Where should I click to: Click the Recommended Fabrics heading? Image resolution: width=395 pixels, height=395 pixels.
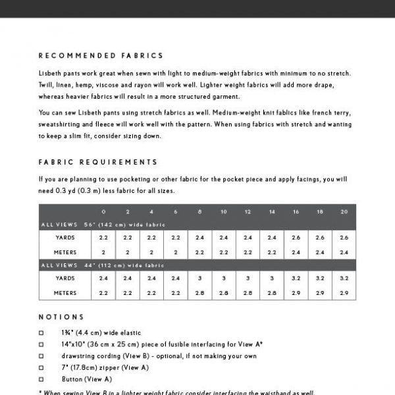pyautogui.click(x=101, y=56)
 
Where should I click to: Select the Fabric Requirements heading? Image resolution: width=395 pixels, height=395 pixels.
pyautogui.click(x=98, y=162)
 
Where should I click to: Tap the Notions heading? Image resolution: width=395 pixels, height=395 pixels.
pyautogui.click(x=61, y=317)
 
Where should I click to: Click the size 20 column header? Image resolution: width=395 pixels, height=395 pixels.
pyautogui.click(x=344, y=212)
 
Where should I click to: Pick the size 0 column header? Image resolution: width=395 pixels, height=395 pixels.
pyautogui.click(x=103, y=212)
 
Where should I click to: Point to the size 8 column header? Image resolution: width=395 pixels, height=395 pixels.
pyautogui.click(x=199, y=212)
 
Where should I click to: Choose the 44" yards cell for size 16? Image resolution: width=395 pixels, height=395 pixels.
pyautogui.click(x=296, y=278)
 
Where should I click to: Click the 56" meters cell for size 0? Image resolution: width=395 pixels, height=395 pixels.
pyautogui.click(x=103, y=252)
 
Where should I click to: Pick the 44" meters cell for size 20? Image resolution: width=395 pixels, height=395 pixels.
pyautogui.click(x=344, y=293)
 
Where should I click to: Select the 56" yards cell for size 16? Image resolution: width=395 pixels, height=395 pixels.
pyautogui.click(x=296, y=237)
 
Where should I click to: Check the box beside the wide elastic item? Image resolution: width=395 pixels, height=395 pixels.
pyautogui.click(x=41, y=333)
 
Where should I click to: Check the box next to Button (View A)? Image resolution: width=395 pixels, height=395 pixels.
pyautogui.click(x=41, y=379)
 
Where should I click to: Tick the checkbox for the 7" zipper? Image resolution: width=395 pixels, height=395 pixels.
pyautogui.click(x=41, y=368)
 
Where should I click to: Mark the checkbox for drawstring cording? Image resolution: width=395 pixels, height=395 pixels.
pyautogui.click(x=41, y=356)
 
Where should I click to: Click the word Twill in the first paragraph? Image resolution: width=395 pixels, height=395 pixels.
pyautogui.click(x=48, y=85)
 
